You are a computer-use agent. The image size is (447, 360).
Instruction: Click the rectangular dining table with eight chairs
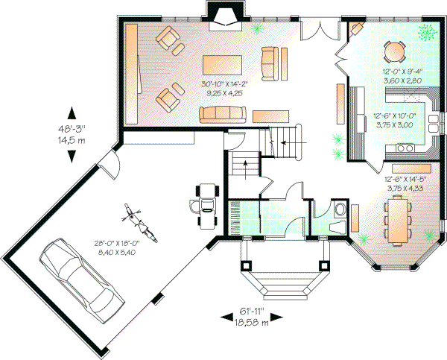[x=402, y=221]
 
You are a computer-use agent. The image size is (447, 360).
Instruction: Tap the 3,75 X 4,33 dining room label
[x=405, y=188]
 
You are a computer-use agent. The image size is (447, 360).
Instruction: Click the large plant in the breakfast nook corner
[x=427, y=32]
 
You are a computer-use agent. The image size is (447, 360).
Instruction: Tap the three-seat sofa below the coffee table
[x=223, y=113]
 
